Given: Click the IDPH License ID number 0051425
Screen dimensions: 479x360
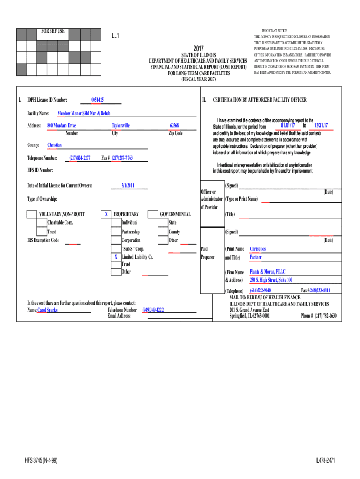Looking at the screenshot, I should click(x=98, y=100).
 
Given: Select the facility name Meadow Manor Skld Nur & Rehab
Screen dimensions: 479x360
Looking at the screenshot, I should click(x=84, y=113).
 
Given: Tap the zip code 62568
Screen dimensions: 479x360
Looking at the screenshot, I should click(x=174, y=125).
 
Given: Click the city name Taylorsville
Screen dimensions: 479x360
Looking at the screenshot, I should click(x=121, y=125).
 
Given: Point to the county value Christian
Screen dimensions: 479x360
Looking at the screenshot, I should click(x=55, y=145).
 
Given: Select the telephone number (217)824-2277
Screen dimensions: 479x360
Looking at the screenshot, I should click(x=80, y=158).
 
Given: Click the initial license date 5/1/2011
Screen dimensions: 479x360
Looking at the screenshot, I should click(x=128, y=186).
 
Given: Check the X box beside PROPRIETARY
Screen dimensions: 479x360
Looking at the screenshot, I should click(x=106, y=214).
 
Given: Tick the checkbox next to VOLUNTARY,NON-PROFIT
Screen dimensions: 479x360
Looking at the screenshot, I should click(x=32, y=214).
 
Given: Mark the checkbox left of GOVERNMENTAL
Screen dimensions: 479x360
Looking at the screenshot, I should click(x=153, y=214).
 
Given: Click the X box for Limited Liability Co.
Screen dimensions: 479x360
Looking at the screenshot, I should click(x=116, y=257).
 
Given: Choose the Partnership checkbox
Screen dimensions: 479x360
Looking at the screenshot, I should click(x=116, y=232).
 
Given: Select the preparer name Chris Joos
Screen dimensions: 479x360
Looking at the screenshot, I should click(x=258, y=249).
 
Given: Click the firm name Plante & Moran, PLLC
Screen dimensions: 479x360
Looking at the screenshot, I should click(x=267, y=272).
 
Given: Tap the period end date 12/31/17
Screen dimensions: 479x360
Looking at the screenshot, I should click(x=321, y=126).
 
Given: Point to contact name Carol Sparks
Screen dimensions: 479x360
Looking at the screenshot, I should click(x=47, y=310).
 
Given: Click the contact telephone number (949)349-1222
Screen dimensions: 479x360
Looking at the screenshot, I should click(x=153, y=310).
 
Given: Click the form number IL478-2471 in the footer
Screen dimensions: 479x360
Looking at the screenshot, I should click(x=325, y=461).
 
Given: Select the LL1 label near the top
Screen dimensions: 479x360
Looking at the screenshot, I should click(x=115, y=36).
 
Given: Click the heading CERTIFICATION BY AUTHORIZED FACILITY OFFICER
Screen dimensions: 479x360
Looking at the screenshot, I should click(x=259, y=100).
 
